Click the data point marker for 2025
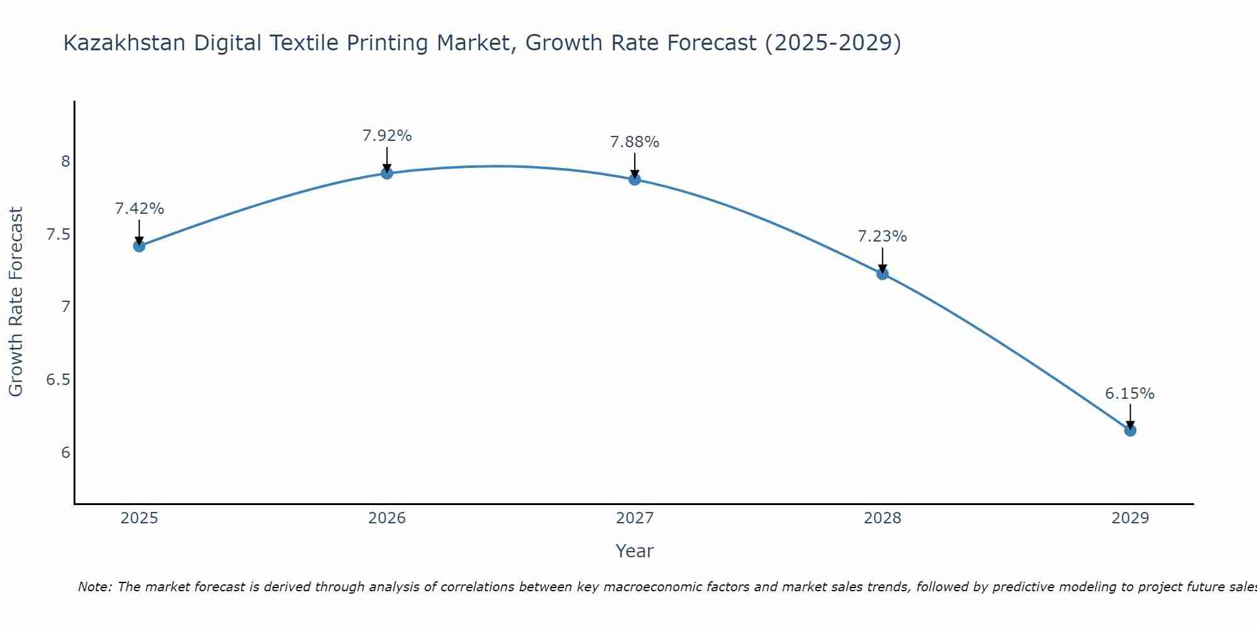tap(140, 246)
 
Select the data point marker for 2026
tap(387, 173)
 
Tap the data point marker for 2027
tap(635, 179)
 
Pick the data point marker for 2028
tap(882, 274)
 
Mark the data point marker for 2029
tap(1130, 430)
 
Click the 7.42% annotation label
tap(140, 209)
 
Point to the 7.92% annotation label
tap(387, 136)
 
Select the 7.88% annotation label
tap(635, 142)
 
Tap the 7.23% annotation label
tap(882, 237)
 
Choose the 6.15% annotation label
tap(1130, 394)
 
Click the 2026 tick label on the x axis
tap(387, 518)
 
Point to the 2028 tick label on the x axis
tap(882, 518)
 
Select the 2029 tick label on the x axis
tap(1130, 518)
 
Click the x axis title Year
tap(635, 551)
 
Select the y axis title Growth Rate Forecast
tap(16, 302)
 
